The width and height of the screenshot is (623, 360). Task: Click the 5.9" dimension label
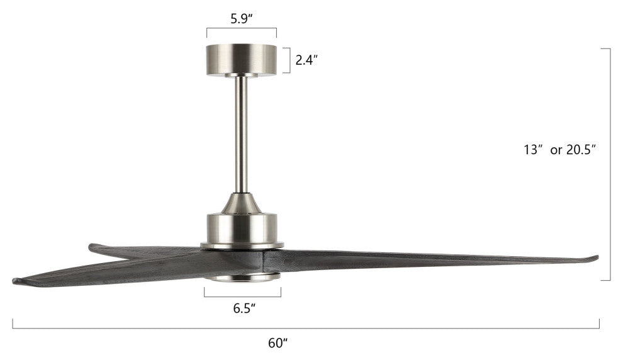[242, 18]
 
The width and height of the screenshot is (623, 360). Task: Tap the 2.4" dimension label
[307, 60]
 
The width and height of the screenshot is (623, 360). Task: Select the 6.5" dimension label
[243, 308]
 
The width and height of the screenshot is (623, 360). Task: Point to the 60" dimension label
[278, 343]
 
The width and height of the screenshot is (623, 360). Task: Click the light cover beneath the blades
[242, 277]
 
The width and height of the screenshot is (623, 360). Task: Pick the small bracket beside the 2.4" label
[288, 60]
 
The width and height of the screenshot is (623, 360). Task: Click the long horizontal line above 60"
[306, 328]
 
